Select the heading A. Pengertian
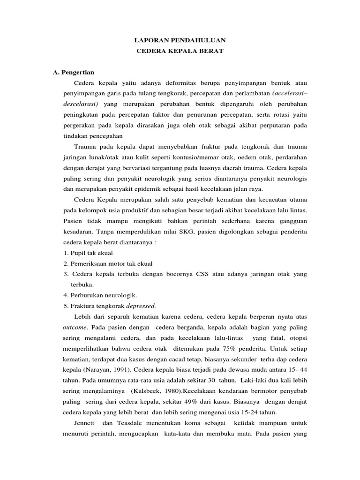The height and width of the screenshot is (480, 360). (74, 72)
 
